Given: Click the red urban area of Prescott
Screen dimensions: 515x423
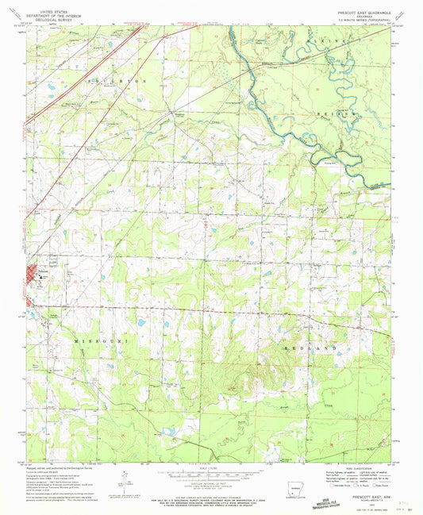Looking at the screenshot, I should pyautogui.click(x=36, y=279).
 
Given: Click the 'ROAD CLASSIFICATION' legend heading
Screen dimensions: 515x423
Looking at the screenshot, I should pyautogui.click(x=353, y=467).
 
